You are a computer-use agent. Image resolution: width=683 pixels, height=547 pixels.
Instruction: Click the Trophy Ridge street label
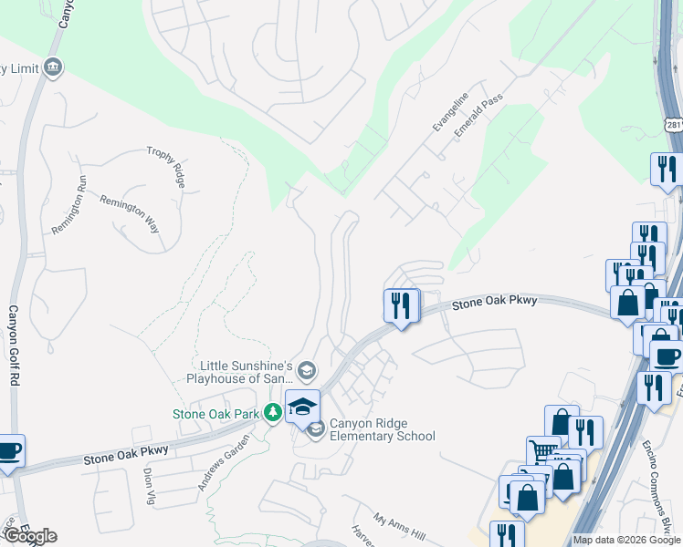coord(166,167)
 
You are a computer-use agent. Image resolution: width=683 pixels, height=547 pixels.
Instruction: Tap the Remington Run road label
coord(68,211)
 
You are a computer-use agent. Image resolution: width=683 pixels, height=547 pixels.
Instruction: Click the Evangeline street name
coord(450,112)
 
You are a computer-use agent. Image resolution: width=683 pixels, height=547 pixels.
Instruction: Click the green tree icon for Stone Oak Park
coord(272,413)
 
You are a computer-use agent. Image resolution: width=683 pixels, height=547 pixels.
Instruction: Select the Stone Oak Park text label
coord(216,414)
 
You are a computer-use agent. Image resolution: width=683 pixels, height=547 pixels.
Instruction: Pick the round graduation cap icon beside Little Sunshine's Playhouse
coord(306,370)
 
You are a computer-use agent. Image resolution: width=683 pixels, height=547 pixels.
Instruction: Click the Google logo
coord(29,536)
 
